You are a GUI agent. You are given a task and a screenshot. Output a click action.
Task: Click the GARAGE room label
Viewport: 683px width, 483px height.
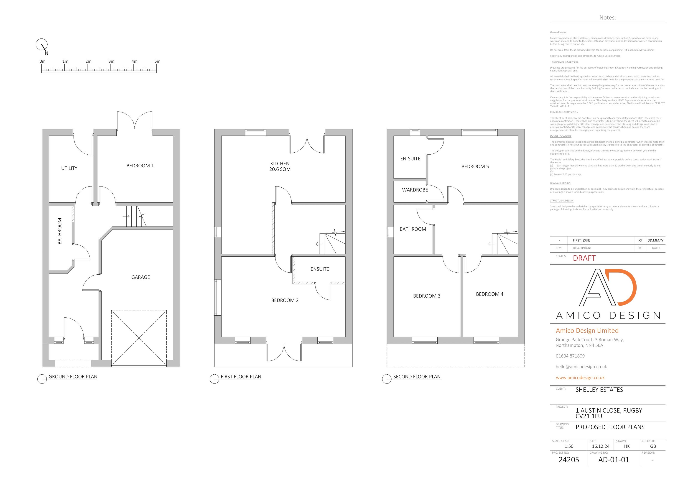pyautogui.click(x=140, y=277)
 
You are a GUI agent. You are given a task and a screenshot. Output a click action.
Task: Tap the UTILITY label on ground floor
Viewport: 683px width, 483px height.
pyautogui.click(x=69, y=168)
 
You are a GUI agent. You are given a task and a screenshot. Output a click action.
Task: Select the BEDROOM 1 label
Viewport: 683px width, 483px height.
pyautogui.click(x=140, y=166)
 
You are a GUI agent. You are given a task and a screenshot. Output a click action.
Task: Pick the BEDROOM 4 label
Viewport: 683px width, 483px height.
pyautogui.click(x=489, y=294)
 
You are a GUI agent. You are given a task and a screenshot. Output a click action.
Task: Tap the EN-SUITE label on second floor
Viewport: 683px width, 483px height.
pyautogui.click(x=410, y=159)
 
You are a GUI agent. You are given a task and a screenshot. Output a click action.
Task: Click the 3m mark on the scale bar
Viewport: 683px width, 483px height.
pyautogui.click(x=111, y=61)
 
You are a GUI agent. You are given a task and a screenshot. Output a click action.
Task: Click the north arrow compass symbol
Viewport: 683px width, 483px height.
pyautogui.click(x=42, y=45)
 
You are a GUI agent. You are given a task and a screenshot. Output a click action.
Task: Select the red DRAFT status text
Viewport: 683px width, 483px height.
pyautogui.click(x=584, y=258)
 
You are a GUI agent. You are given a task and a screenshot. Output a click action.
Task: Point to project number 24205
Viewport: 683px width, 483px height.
pyautogui.click(x=568, y=460)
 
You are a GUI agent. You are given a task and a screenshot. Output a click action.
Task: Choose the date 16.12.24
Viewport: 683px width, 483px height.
pyautogui.click(x=600, y=446)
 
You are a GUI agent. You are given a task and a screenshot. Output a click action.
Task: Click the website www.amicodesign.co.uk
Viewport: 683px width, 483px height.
pyautogui.click(x=580, y=377)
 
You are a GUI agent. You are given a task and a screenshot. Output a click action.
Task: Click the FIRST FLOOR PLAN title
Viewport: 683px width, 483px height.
pyautogui.click(x=241, y=376)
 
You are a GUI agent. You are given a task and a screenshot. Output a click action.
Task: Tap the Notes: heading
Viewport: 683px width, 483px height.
pyautogui.click(x=607, y=18)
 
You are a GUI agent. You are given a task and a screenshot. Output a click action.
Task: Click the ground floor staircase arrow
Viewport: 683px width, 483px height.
pyautogui.click(x=126, y=216)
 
